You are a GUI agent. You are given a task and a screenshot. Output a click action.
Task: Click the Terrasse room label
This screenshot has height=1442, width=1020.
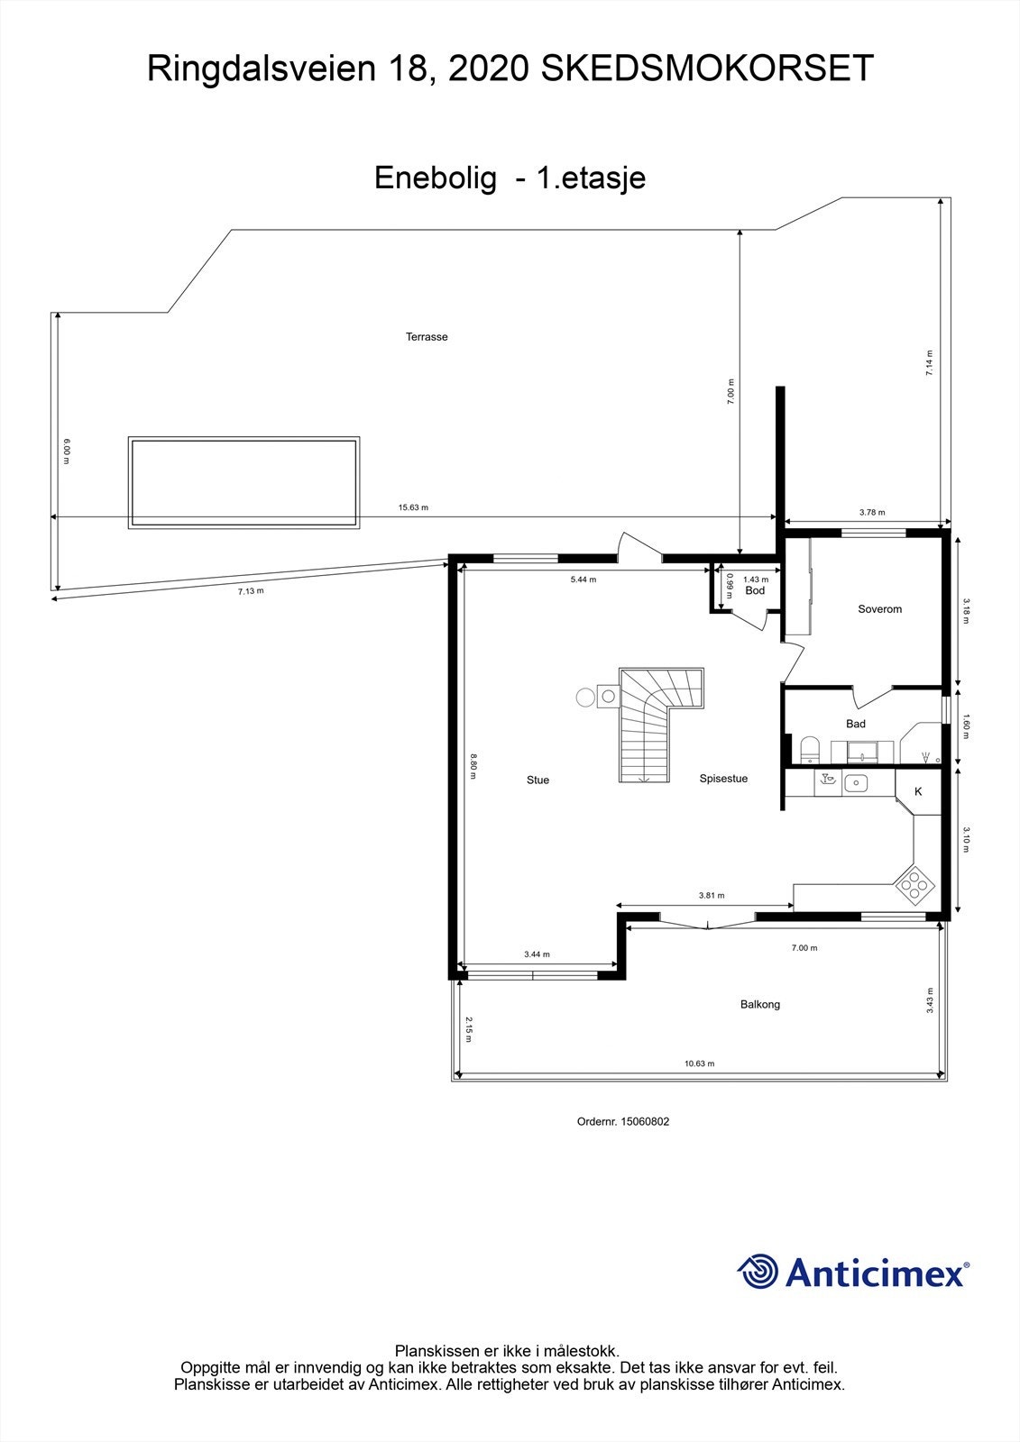pyautogui.click(x=427, y=337)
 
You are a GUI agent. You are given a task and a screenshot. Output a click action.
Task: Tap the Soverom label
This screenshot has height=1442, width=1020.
pyautogui.click(x=879, y=609)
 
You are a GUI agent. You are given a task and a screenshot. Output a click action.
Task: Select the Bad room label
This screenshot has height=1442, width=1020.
pyautogui.click(x=855, y=724)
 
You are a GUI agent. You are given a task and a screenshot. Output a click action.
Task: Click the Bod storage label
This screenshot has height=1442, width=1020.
pyautogui.click(x=755, y=590)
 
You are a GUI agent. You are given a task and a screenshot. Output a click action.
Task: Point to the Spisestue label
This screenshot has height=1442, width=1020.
pyautogui.click(x=723, y=779)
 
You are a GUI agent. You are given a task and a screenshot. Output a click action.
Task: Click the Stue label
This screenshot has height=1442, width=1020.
pyautogui.click(x=538, y=780)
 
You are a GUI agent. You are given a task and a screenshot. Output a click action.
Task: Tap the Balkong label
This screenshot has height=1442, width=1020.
pyautogui.click(x=759, y=1004)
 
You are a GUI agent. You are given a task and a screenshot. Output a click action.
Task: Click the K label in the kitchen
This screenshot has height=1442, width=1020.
pyautogui.click(x=918, y=792)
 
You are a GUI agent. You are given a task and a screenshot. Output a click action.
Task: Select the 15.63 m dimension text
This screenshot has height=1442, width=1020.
pyautogui.click(x=413, y=507)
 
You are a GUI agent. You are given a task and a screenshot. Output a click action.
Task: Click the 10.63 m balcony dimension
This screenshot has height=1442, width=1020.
pyautogui.click(x=699, y=1063)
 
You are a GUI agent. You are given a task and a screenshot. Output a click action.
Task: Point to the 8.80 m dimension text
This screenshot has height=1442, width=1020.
pyautogui.click(x=473, y=764)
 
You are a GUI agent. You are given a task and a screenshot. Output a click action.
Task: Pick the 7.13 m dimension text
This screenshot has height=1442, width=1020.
pyautogui.click(x=251, y=591)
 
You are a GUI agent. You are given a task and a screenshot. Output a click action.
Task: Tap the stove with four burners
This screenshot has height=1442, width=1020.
pyautogui.click(x=914, y=885)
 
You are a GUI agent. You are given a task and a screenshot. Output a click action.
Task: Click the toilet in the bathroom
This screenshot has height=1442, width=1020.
pyautogui.click(x=809, y=749)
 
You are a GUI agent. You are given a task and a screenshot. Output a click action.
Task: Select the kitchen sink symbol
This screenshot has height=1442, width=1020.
pyautogui.click(x=855, y=782)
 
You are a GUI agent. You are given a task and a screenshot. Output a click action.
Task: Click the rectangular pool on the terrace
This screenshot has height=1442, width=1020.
pyautogui.click(x=244, y=483)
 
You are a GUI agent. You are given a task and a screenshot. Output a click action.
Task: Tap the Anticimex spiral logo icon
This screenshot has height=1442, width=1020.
pyautogui.click(x=758, y=1272)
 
